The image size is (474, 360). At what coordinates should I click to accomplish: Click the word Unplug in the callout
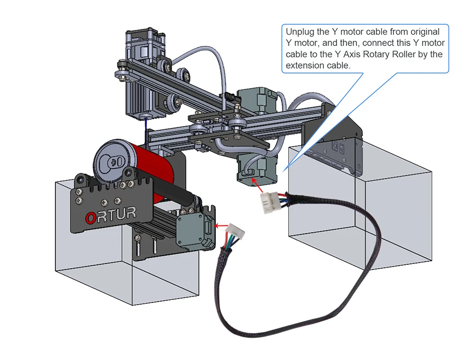(x=300, y=32)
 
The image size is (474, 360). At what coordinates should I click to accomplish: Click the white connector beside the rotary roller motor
(x=236, y=231)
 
